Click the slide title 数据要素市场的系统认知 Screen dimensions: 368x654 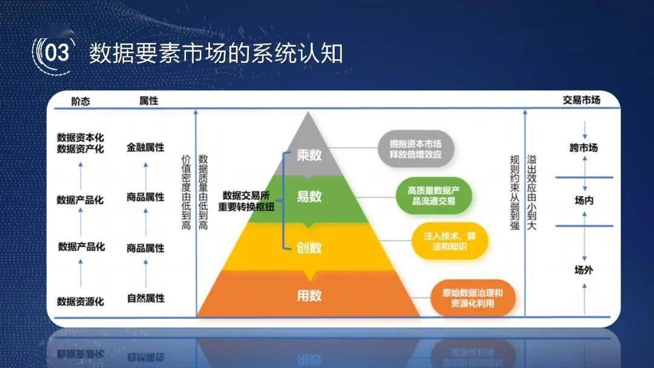point(216,53)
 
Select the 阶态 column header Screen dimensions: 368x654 point(80,101)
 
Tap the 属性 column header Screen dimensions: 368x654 point(148,101)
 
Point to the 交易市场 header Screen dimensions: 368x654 point(581,100)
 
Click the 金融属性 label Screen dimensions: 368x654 point(145,147)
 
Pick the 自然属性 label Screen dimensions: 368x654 point(145,298)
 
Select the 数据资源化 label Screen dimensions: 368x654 point(81,301)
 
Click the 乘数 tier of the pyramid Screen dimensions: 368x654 point(309,156)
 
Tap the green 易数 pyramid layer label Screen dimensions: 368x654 point(309,196)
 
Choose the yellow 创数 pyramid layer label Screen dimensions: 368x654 point(309,248)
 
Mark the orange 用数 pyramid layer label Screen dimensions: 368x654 point(309,295)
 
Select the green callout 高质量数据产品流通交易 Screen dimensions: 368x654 point(434,195)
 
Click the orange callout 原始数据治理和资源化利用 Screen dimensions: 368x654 point(473,298)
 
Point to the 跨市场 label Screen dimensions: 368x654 point(584,148)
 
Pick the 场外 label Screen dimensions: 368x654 point(584,270)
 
